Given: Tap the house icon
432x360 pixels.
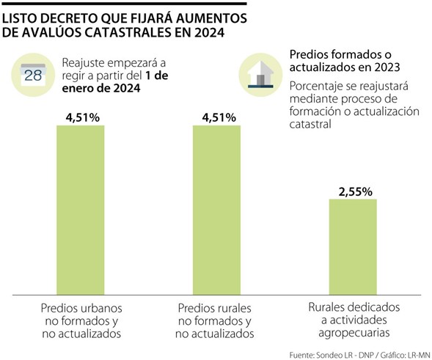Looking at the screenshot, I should click(x=260, y=74).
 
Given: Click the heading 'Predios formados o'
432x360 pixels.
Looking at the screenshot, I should click(x=340, y=55).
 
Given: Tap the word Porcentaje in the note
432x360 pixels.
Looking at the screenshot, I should click(x=319, y=84).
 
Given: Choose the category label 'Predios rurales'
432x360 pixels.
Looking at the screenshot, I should click(x=216, y=307).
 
